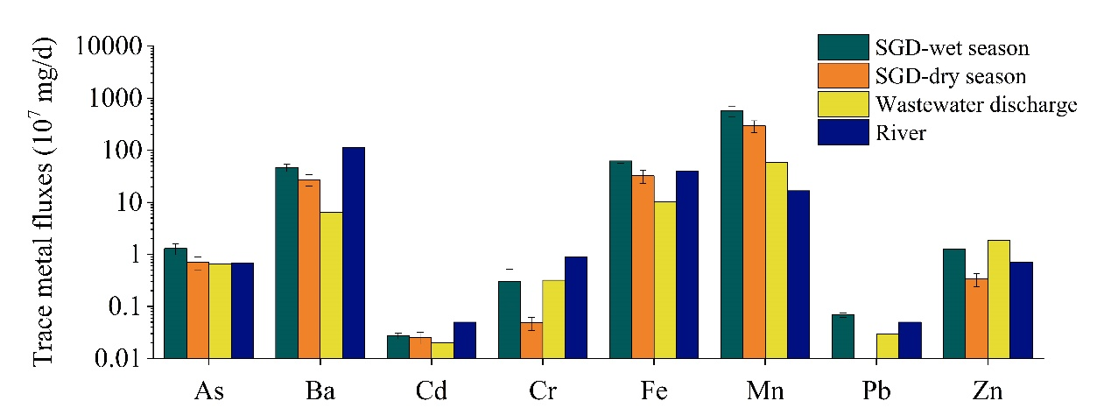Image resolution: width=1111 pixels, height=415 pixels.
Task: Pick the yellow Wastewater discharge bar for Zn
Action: [998, 299]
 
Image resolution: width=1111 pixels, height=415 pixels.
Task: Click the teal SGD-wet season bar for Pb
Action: [842, 336]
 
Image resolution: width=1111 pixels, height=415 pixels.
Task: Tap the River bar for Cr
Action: [576, 307]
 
